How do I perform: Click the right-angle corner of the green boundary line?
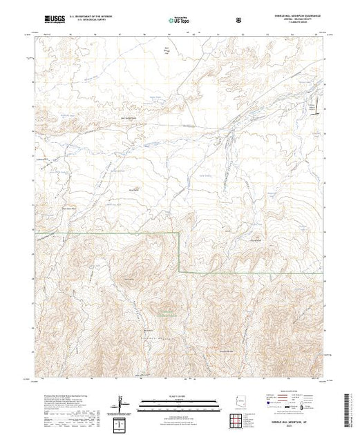[180, 233]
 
